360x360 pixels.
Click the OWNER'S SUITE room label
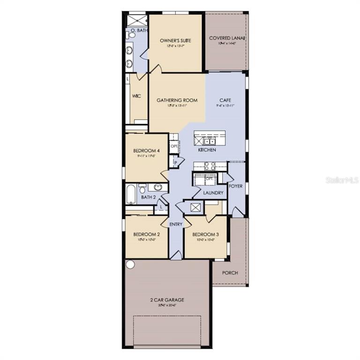[x=175, y=41]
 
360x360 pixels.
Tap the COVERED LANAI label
[x=227, y=38]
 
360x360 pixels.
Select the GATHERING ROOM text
[x=177, y=100]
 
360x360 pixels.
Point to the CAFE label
[x=225, y=100]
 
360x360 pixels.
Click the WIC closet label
[x=136, y=96]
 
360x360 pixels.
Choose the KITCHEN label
[x=207, y=150]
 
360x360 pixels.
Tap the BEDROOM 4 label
[x=147, y=150]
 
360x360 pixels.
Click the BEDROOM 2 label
[x=147, y=234]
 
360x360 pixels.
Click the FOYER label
[x=236, y=186]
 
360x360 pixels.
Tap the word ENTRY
[x=176, y=225]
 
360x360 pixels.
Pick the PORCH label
[x=230, y=273]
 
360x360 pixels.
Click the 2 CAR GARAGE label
[x=167, y=300]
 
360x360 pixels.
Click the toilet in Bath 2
[x=142, y=188]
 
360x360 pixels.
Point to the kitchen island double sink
[x=209, y=140]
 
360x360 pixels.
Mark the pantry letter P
[x=175, y=162]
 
